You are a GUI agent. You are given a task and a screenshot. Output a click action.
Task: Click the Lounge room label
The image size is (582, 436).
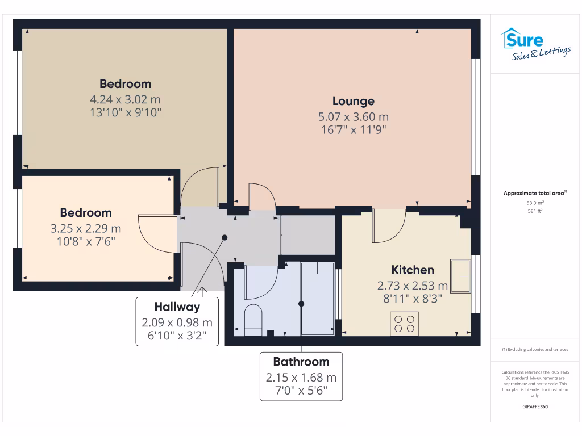point(353,101)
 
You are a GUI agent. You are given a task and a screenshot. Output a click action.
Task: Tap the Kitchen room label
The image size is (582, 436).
point(413,270)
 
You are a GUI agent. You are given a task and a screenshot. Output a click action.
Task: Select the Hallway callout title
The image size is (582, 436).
point(177,307)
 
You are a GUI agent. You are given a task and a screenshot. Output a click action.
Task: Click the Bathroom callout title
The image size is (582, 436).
point(301,362)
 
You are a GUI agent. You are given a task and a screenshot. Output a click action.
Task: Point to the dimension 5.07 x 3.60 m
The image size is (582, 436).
point(353,117)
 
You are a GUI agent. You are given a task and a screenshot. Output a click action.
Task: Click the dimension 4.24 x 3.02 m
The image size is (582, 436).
point(126,99)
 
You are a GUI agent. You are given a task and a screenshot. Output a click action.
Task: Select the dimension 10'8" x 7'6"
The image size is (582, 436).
point(86,241)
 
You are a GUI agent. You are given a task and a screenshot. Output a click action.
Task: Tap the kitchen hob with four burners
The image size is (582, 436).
point(404,323)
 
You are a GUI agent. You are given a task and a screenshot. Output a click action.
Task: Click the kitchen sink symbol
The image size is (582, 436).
point(460,276)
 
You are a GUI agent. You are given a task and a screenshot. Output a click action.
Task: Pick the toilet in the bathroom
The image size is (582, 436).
point(253,319)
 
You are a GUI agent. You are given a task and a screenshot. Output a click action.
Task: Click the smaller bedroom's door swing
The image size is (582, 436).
point(156,232)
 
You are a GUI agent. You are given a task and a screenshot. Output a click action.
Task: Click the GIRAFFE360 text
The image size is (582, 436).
point(535,406)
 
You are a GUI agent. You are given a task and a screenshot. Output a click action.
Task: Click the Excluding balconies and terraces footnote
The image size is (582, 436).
point(535,349)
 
